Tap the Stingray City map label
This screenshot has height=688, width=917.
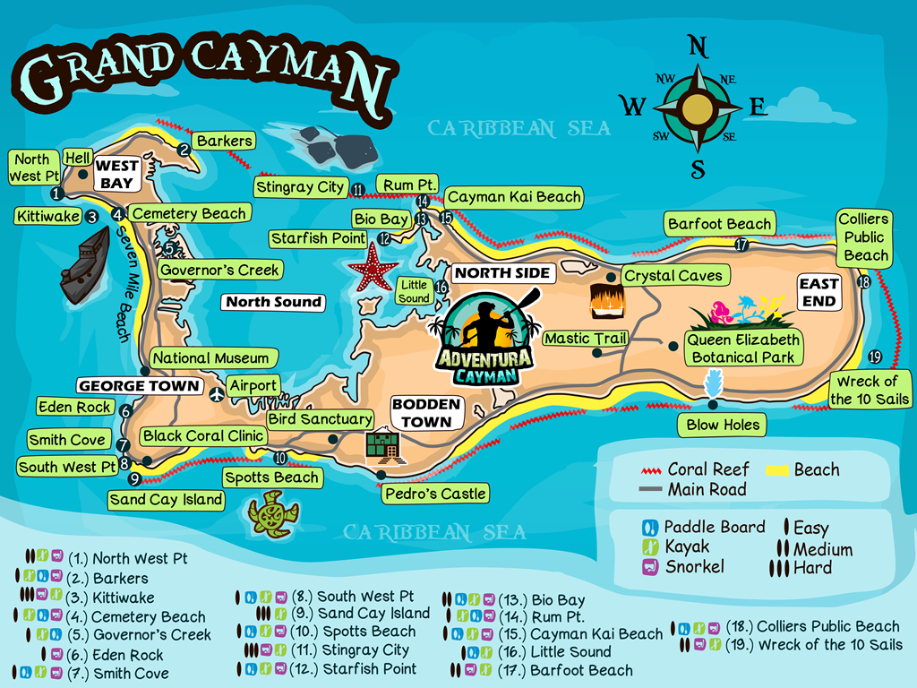[x=299, y=187]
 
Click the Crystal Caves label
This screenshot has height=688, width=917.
[x=673, y=276]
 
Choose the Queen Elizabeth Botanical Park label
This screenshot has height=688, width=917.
[x=742, y=348]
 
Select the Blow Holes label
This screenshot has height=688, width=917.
[x=723, y=425]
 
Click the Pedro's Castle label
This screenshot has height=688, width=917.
[x=435, y=493]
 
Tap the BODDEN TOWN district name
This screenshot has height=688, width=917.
[x=425, y=413]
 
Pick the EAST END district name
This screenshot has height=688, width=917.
[x=818, y=293]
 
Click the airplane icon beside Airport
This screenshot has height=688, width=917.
[x=216, y=393]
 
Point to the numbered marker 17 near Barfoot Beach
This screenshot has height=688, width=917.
[x=741, y=244]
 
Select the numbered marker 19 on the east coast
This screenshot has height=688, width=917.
[x=874, y=356]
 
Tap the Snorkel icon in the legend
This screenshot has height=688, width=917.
[x=651, y=567]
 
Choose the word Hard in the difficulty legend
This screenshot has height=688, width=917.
[x=812, y=568]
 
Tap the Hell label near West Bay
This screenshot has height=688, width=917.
[x=78, y=158]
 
